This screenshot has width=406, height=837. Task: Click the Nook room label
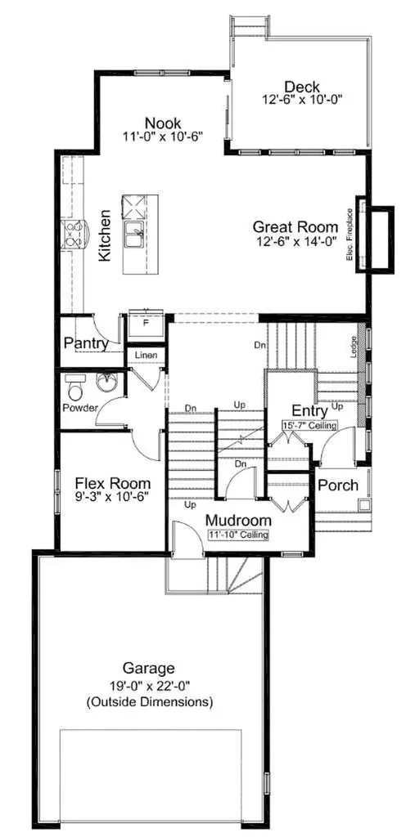163,123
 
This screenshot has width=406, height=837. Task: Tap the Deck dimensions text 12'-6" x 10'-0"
302,99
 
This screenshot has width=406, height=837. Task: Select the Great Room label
295,227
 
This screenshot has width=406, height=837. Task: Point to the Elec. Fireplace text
350,235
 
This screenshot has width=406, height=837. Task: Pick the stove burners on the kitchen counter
73,235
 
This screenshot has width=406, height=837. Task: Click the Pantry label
86,343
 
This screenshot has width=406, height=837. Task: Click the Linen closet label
145,356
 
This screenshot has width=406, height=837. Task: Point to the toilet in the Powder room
74,387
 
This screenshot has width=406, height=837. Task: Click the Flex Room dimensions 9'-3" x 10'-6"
112,496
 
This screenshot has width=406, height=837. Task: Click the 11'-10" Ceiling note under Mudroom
237,535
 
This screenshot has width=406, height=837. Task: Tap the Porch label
337,486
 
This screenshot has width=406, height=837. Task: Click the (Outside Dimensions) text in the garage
150,702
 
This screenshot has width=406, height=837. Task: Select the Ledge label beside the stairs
353,347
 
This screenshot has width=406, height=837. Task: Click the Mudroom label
238,520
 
